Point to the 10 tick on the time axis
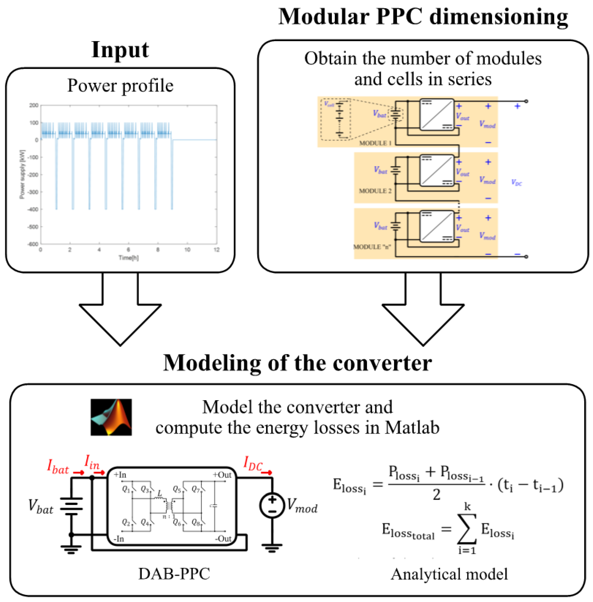pyautogui.click(x=187, y=250)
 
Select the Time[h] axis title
pyautogui.click(x=128, y=258)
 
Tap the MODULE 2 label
pyautogui.click(x=375, y=191)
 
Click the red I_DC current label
pyautogui.click(x=253, y=463)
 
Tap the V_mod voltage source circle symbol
pyautogui.click(x=272, y=505)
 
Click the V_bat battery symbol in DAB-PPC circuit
pyautogui.click(x=71, y=507)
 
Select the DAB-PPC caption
pyautogui.click(x=174, y=574)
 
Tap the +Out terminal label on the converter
pyautogui.click(x=222, y=475)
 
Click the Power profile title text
pyautogui.click(x=120, y=85)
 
